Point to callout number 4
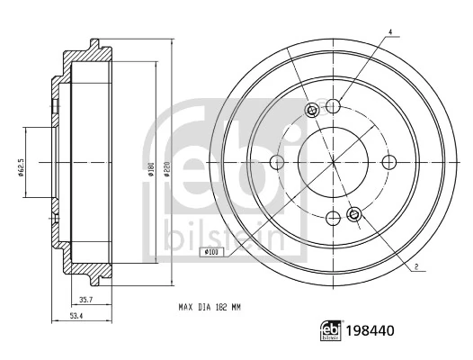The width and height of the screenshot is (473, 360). coord(390,33)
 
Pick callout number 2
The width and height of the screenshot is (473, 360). coord(417,267)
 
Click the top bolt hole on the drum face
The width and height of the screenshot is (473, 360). coord(333,106)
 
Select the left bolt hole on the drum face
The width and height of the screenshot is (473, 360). coord(277,162)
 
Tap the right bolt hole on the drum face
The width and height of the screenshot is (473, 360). coord(389,162)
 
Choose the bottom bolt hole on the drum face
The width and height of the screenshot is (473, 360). coord(333,218)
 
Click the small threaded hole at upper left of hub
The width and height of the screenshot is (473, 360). coord(312,111)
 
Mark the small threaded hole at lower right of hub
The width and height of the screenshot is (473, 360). coord(353,214)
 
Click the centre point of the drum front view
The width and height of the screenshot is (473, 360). coord(333,162)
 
